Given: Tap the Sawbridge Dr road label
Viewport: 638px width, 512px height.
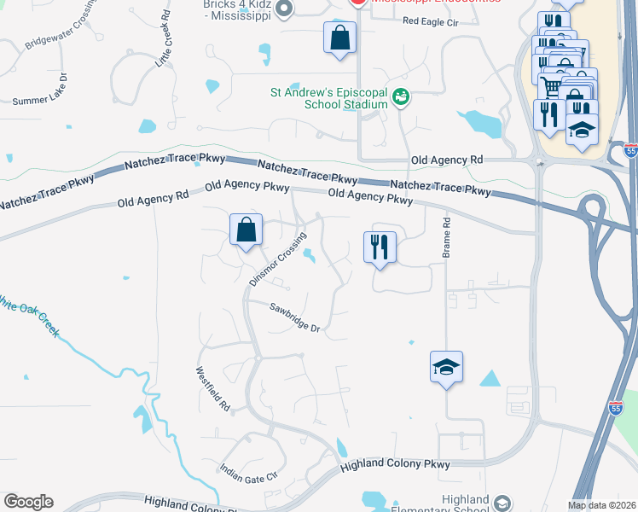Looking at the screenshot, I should (295, 318).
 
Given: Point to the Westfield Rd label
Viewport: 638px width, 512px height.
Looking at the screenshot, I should (213, 390).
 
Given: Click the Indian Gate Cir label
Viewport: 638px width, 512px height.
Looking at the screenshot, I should (249, 471).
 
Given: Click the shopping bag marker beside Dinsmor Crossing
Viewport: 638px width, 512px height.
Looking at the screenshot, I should (246, 230).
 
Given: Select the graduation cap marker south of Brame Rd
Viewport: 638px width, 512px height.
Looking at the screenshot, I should (446, 367).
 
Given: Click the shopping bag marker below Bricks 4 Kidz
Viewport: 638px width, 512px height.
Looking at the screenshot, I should (339, 38).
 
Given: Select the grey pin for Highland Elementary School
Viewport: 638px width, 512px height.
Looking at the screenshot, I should (502, 503).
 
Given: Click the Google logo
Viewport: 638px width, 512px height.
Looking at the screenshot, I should (28, 502).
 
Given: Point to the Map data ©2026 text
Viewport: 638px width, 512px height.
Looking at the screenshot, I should (601, 505).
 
